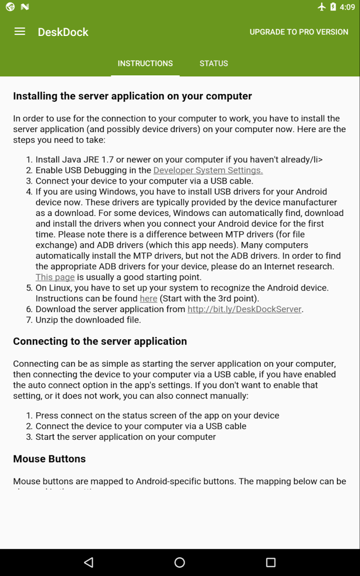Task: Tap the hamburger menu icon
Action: pos(20,32)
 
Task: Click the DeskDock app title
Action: pos(63,32)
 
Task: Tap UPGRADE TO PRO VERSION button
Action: pos(299,32)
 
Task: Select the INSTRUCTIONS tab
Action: pos(145,63)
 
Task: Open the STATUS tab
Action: pos(214,63)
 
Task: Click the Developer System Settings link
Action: pos(208,170)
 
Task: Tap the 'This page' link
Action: pos(55,277)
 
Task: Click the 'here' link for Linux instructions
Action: pos(148,299)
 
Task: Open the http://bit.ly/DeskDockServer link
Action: pos(244,309)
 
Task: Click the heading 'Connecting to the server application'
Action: pos(100,341)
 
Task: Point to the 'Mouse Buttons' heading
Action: pos(49,459)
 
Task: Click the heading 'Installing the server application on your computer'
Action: pos(132,96)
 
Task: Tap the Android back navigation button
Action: pos(88,562)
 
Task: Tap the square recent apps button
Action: pos(271,562)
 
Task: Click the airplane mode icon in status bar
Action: pos(322,7)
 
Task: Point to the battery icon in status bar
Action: pos(333,7)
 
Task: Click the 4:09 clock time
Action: pos(347,7)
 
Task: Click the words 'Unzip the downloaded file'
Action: pos(88,320)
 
